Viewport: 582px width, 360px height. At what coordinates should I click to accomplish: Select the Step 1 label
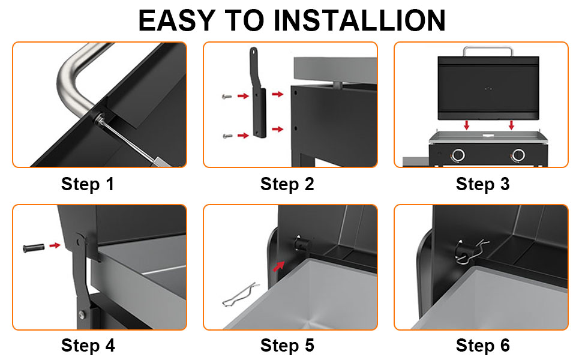pos(88,184)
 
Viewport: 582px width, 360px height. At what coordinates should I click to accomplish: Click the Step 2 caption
pos(287,184)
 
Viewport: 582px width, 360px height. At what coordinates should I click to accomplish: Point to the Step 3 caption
pos(482,184)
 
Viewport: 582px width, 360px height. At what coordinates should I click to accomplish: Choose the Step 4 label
pos(88,346)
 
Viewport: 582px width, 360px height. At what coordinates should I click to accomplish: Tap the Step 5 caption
pos(287,346)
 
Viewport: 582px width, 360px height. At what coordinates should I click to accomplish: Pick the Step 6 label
pos(482,346)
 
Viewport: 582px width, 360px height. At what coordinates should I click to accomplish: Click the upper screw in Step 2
pos(226,95)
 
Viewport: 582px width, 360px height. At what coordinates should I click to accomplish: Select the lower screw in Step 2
pos(226,136)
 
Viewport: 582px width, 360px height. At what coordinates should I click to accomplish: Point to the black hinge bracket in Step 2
pos(257,96)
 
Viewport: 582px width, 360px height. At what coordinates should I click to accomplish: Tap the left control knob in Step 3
pos(458,155)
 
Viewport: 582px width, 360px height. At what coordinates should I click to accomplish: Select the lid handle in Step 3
pos(488,50)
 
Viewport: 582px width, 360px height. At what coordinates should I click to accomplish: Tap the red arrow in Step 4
pos(55,245)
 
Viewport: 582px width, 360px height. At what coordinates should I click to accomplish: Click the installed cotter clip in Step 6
pos(469,250)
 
